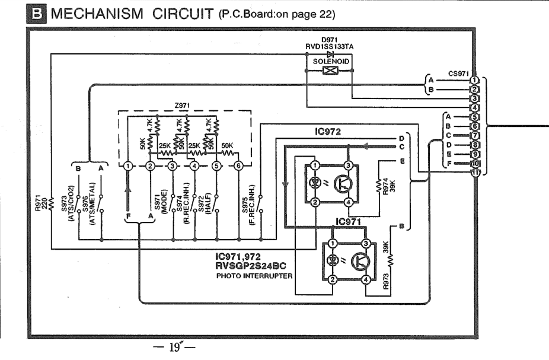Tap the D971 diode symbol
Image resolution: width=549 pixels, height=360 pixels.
[330, 53]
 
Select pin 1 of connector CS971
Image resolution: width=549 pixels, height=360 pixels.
[474, 79]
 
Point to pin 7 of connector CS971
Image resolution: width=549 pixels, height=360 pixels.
[474, 135]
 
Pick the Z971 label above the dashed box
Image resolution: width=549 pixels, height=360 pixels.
[183, 105]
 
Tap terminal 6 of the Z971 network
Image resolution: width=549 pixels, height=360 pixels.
[238, 166]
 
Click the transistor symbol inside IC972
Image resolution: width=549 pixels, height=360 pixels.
[342, 184]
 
